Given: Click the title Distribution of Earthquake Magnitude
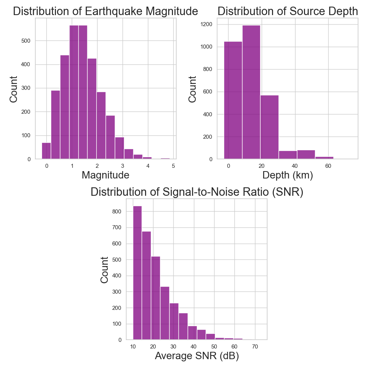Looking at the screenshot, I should pyautogui.click(x=106, y=11).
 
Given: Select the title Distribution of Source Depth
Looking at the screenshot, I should pyautogui.click(x=287, y=11).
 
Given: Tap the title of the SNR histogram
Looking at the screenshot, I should pyautogui.click(x=197, y=192).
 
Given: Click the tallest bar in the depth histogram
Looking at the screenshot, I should pyautogui.click(x=251, y=92).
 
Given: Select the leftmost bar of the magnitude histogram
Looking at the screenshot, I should pyautogui.click(x=46, y=151).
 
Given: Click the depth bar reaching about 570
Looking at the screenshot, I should pyautogui.click(x=269, y=127).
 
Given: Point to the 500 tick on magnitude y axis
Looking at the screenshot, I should pyautogui.click(x=28, y=40).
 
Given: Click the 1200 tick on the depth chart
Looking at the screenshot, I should pyautogui.click(x=209, y=24).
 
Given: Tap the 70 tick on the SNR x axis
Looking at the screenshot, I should pyautogui.click(x=255, y=347).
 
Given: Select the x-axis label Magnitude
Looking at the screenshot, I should pyautogui.click(x=105, y=175).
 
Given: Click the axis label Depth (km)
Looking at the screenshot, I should pyautogui.click(x=287, y=175).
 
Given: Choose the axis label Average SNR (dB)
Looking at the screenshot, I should pyautogui.click(x=197, y=356).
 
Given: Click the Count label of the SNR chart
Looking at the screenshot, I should pyautogui.click(x=105, y=269).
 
